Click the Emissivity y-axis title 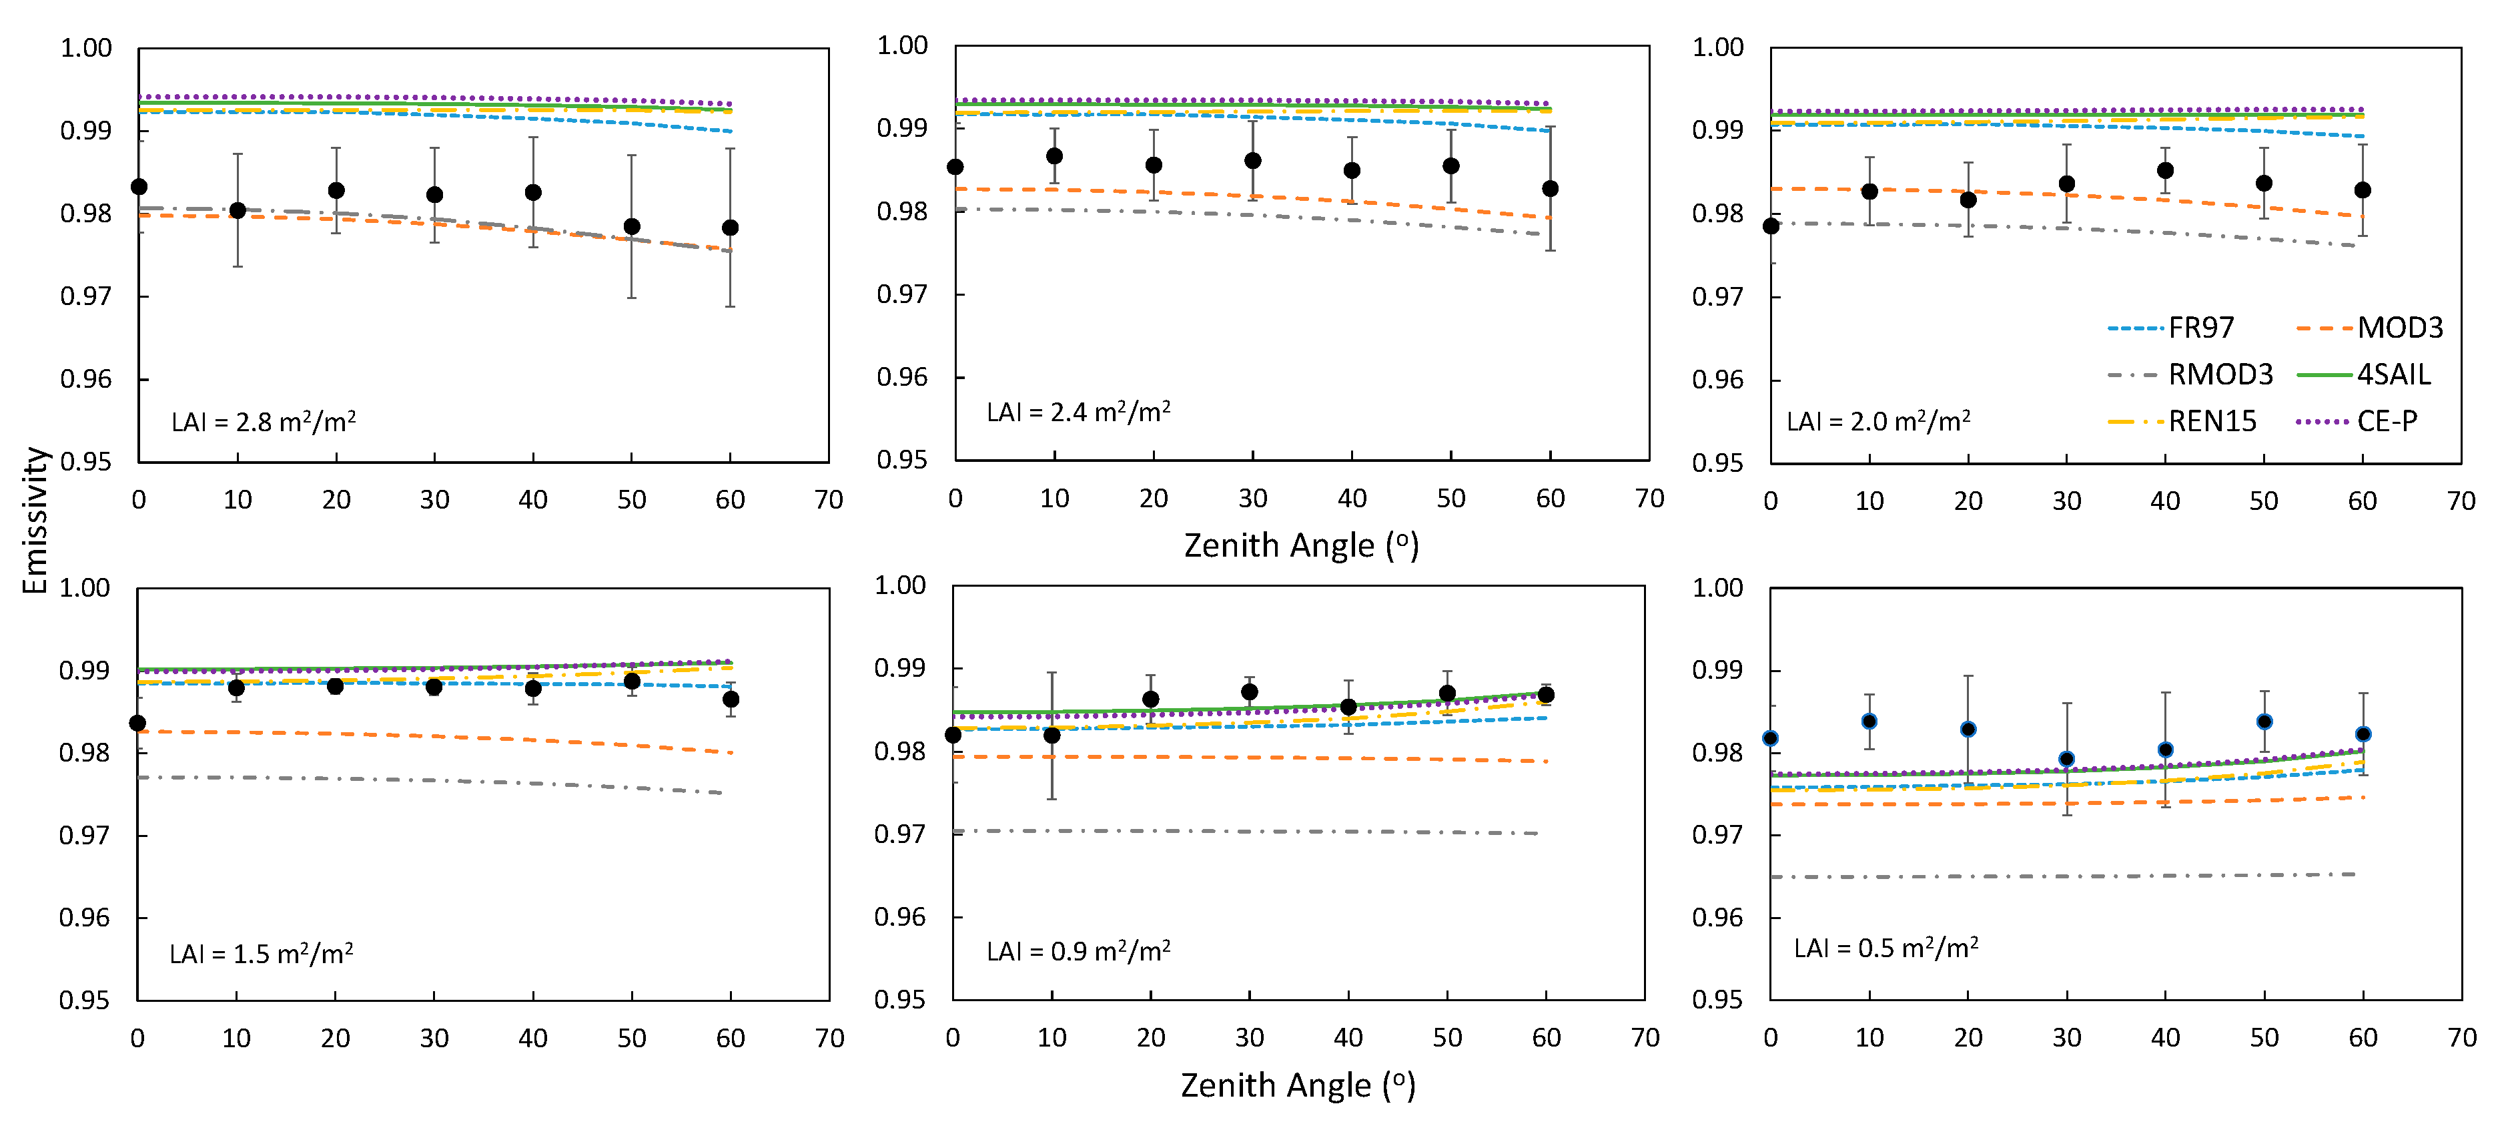(x=35, y=520)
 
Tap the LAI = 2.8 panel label (x=264, y=422)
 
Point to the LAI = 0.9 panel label (x=1078, y=951)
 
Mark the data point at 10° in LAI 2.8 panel (x=238, y=210)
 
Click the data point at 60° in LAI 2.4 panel (x=1550, y=188)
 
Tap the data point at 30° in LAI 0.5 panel (x=2067, y=759)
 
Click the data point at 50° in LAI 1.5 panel (x=632, y=681)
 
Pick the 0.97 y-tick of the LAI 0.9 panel (x=899, y=834)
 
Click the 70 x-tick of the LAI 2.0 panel (x=2461, y=501)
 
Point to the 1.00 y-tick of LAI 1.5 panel (x=85, y=588)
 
